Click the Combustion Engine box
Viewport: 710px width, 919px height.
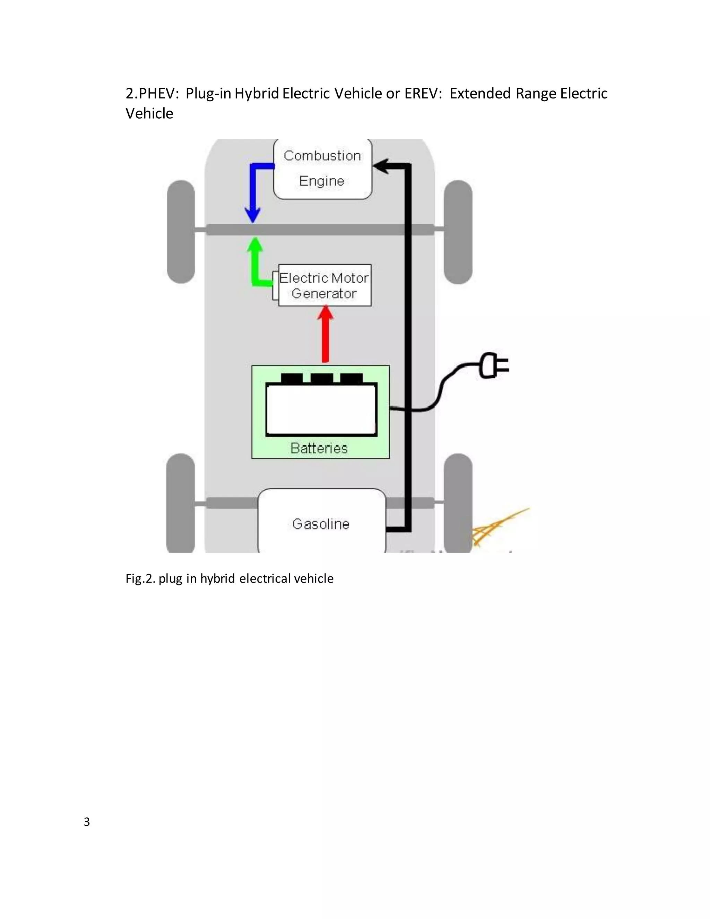tap(323, 168)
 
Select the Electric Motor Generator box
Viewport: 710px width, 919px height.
tap(324, 285)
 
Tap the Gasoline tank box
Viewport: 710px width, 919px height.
tap(321, 522)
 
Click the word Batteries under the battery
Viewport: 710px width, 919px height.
tap(319, 448)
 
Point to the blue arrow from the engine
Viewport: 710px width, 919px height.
tap(253, 189)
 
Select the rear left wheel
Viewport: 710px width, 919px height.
tap(181, 503)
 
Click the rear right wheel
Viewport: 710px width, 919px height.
tap(458, 503)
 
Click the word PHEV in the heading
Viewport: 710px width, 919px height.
tap(156, 93)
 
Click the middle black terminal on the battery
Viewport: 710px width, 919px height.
tap(322, 378)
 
